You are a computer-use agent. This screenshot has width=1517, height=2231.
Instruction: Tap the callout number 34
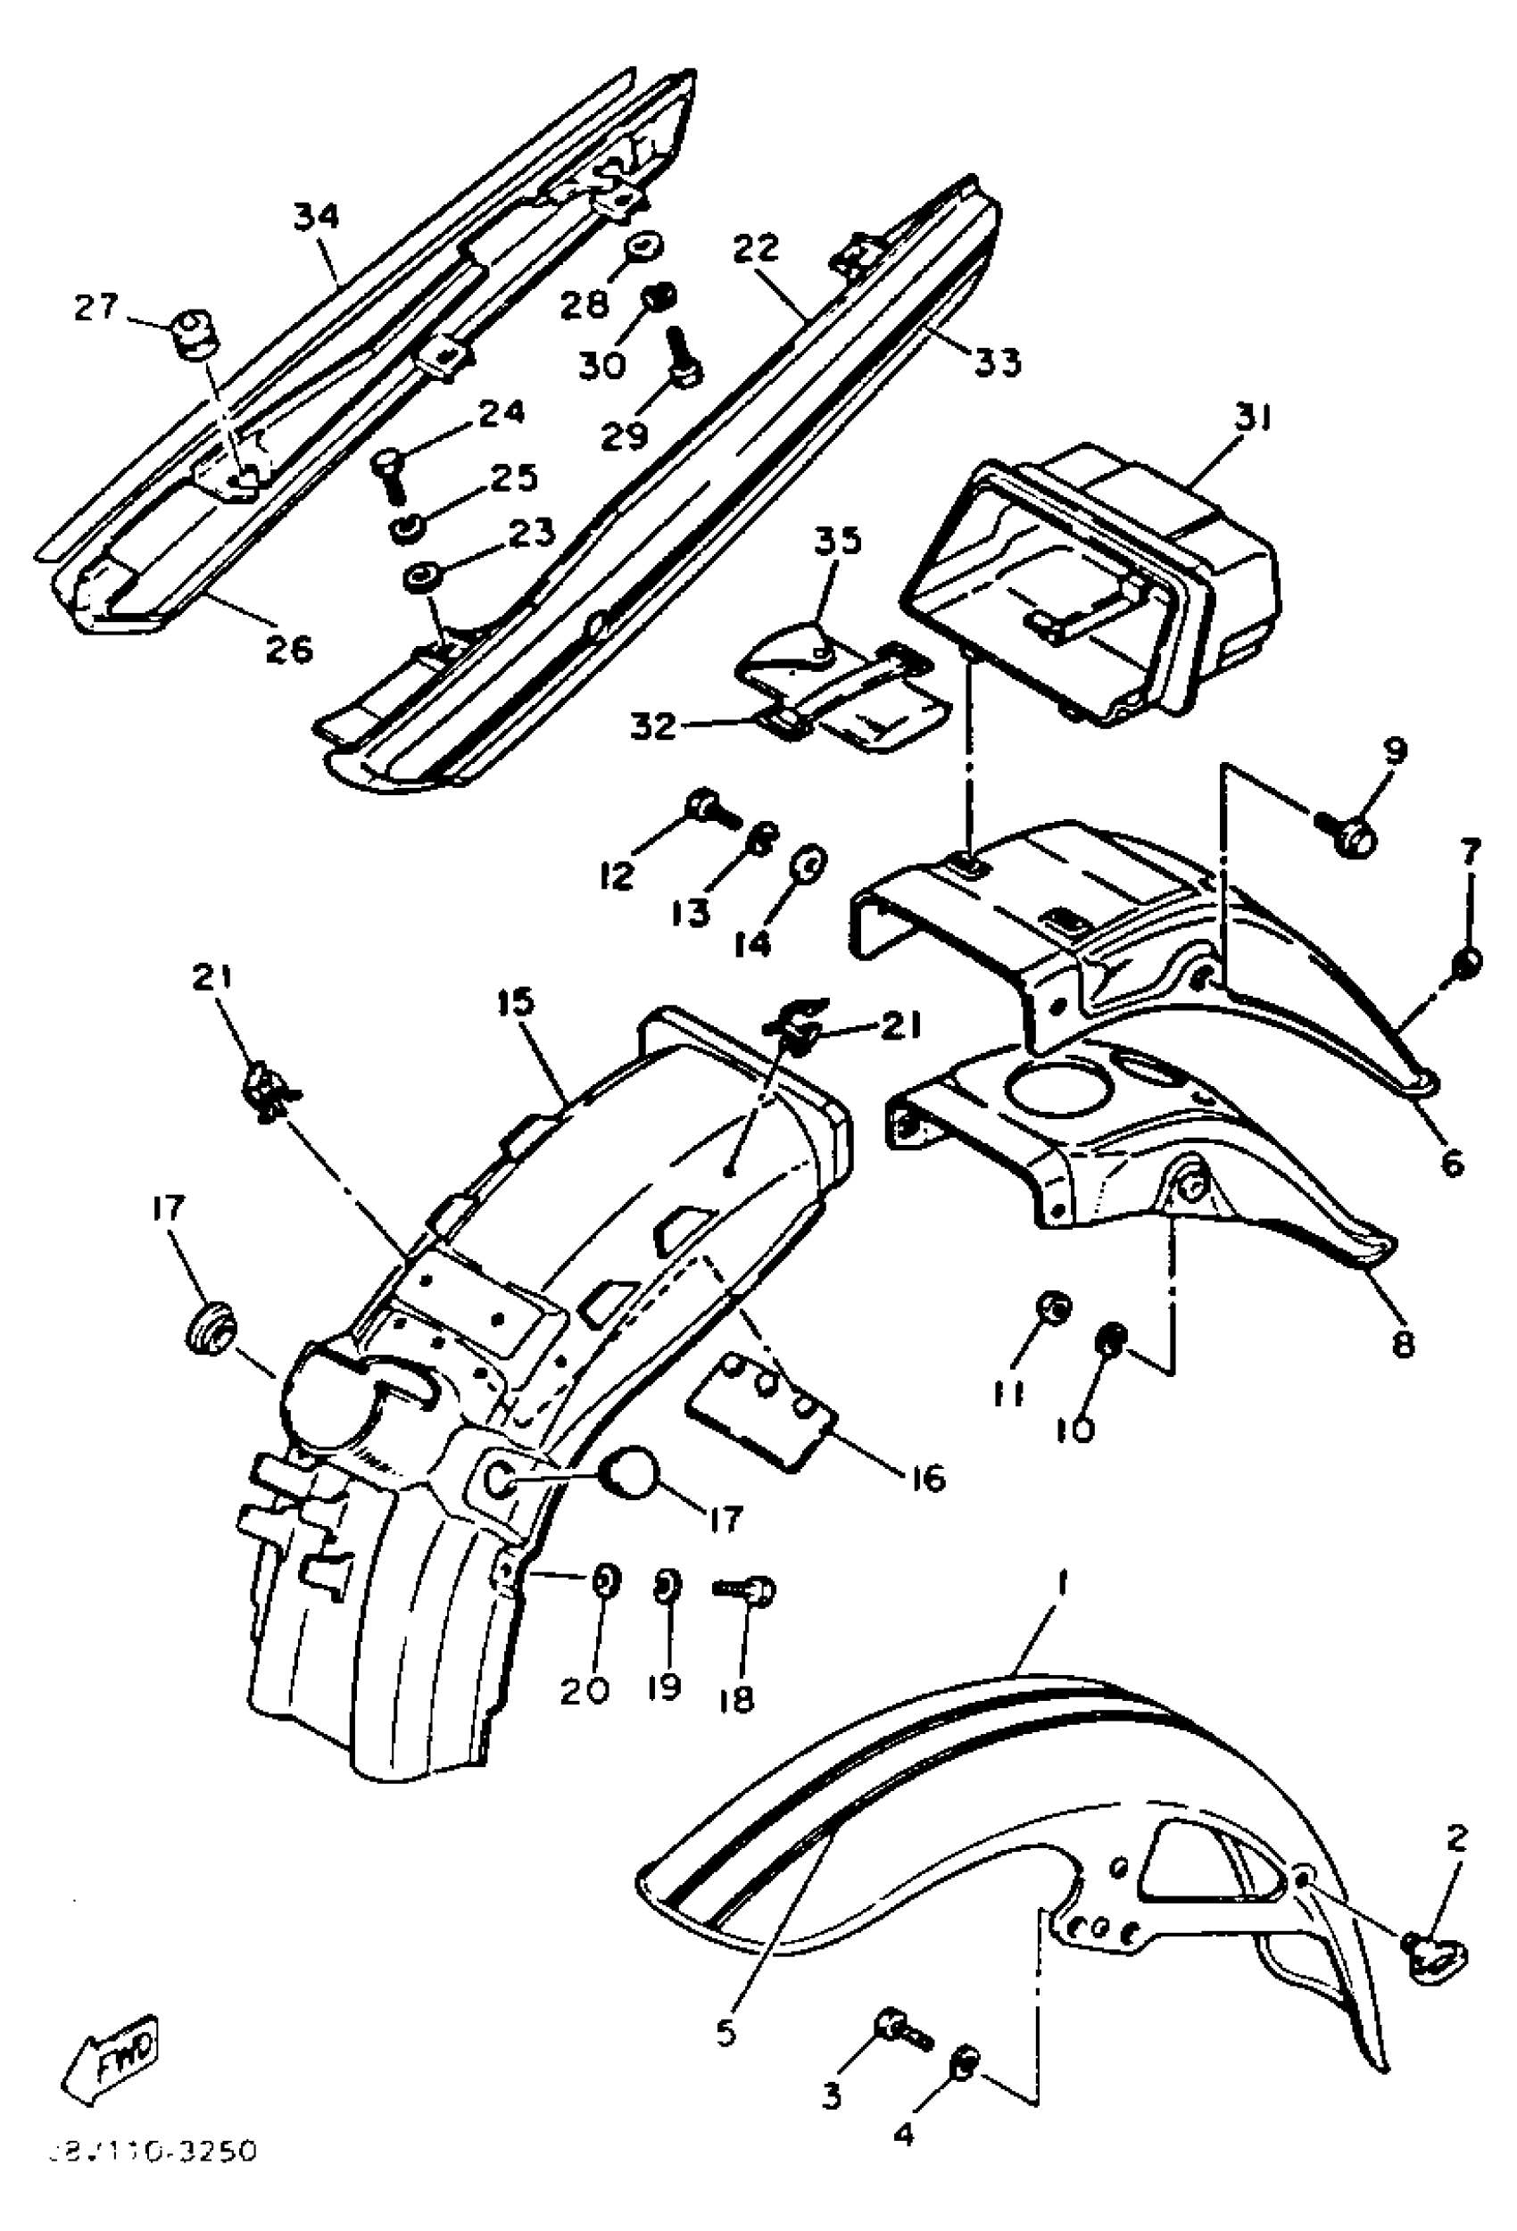point(316,218)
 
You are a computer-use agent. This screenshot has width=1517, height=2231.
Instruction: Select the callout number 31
point(1251,419)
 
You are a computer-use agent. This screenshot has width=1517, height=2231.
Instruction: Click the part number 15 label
point(517,1004)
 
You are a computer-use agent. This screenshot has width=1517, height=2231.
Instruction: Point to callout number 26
point(288,650)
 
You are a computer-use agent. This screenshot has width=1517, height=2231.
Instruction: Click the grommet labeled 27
point(190,331)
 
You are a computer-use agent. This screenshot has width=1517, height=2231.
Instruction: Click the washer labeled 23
point(419,580)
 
